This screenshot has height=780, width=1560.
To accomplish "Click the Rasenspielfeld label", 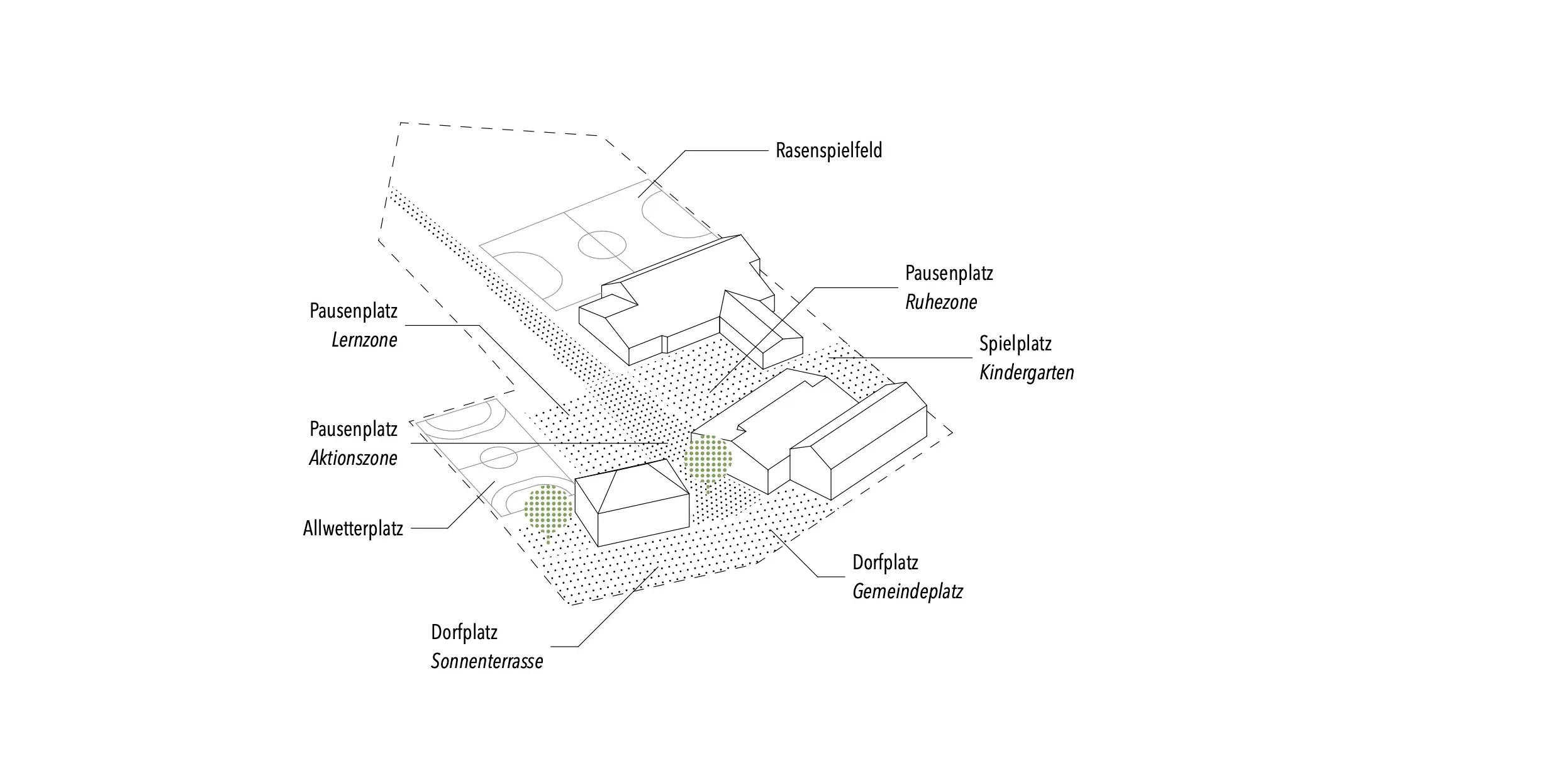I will point(828,151).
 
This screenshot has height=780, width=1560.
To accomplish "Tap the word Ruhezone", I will point(941,303).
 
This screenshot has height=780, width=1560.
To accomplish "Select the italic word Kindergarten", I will point(1027,373).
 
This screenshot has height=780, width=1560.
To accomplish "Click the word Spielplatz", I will point(1015,344).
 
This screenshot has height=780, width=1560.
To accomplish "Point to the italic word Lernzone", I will point(364,340).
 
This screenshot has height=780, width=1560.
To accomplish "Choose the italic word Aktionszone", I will point(353,459).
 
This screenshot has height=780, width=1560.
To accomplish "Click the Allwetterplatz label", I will point(353,528).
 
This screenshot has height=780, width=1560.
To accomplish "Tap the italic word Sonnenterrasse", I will point(487,662).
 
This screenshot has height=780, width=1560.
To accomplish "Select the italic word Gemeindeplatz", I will point(908,592).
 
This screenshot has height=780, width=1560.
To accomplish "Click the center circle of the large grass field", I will point(602,245).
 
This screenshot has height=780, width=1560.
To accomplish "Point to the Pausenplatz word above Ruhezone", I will point(949,274).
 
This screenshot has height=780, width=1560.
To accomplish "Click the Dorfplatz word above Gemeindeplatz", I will point(885,563).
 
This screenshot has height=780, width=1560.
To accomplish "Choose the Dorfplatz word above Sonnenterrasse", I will point(464,633).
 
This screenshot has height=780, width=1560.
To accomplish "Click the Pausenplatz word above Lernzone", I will point(354,311).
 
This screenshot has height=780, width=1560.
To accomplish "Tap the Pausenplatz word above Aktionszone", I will point(354,430).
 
